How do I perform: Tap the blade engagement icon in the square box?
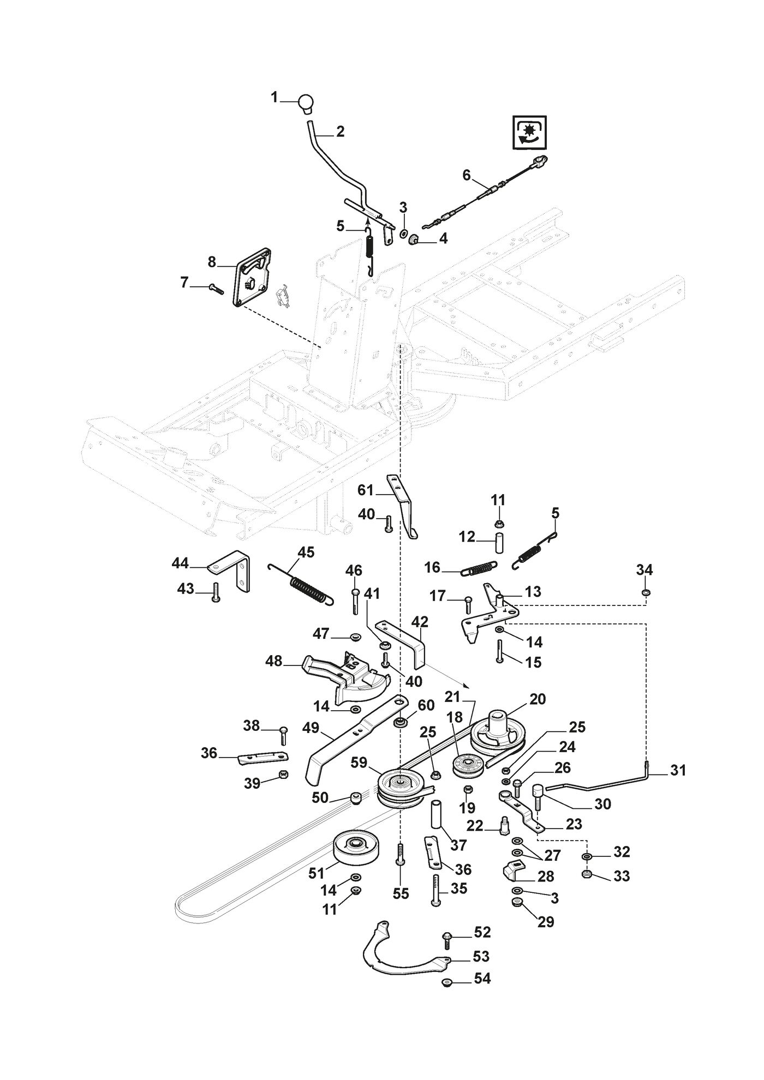point(528,132)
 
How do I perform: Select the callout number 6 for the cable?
point(466,175)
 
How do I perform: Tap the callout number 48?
point(273,661)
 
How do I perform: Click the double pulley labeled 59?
point(401,789)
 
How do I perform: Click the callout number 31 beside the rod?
point(678,770)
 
